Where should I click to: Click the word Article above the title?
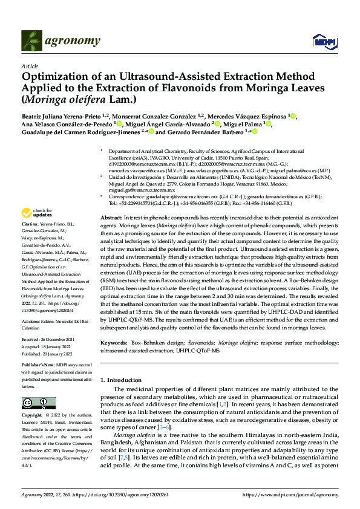30,66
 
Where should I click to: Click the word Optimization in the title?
54,77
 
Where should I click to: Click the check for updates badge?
36,213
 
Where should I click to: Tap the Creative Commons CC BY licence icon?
35,403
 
